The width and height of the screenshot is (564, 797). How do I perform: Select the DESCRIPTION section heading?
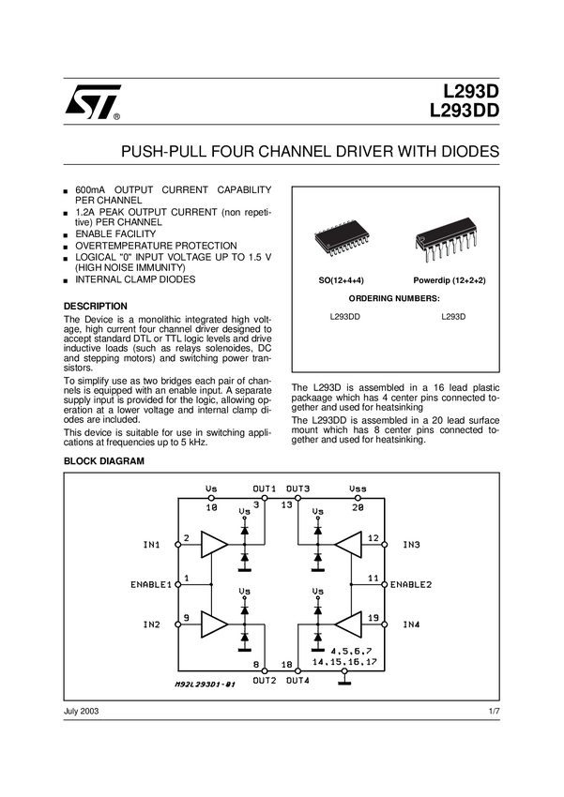95,307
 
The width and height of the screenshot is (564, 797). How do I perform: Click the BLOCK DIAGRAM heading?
103,461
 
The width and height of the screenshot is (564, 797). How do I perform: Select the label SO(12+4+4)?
341,281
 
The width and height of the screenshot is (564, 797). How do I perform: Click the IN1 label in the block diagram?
151,544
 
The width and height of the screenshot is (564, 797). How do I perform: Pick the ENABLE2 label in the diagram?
411,584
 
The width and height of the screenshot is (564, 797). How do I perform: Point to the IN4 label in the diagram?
411,624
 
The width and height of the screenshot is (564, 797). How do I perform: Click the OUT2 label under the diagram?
263,680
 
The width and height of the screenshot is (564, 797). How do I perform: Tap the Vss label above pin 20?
358,489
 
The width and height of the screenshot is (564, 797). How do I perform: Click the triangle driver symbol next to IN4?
348,624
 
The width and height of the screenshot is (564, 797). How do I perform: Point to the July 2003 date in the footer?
81,712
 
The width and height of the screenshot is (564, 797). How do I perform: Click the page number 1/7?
495,712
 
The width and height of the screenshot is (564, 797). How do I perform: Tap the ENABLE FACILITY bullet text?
115,234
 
